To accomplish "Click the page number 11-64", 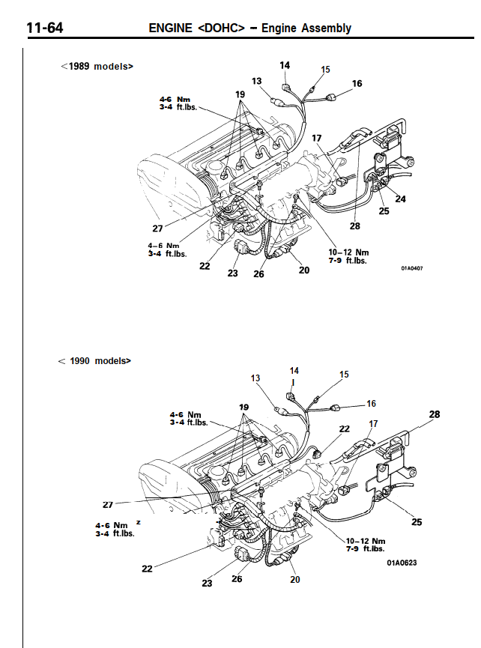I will coord(44,28).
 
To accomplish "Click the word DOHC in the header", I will coord(223,28).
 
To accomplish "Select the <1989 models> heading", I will coord(97,66).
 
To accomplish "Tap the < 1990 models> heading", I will coord(94,360).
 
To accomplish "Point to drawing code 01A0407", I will coord(411,267).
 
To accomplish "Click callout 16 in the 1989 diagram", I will coord(357,83).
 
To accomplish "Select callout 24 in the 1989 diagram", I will coord(401,199).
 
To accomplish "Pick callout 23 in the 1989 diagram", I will coord(232,273).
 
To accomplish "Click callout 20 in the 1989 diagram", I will coord(303,270).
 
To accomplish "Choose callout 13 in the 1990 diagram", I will coord(256,378).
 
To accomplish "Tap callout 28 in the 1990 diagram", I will coord(435,414).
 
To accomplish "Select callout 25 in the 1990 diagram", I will coord(416,522).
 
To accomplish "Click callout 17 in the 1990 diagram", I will coord(373,424).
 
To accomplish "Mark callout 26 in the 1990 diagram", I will coord(238,578).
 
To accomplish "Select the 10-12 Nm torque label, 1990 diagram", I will coord(366,540).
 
